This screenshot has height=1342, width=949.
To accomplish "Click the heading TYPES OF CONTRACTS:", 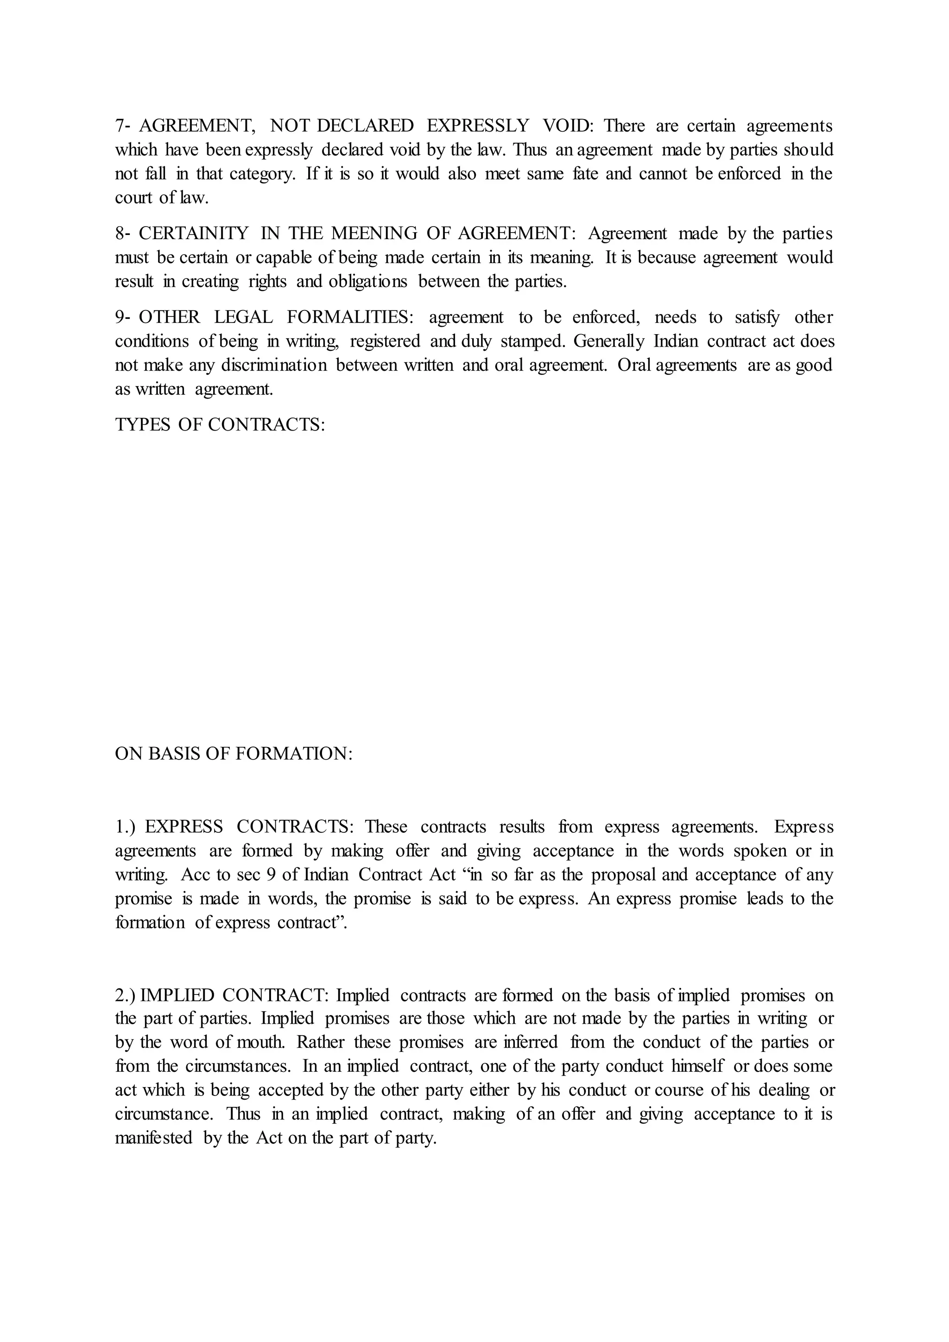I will (x=220, y=424).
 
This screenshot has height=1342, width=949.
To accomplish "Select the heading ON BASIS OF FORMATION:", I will (x=234, y=753).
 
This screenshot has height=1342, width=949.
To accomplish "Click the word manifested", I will (x=153, y=1138).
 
